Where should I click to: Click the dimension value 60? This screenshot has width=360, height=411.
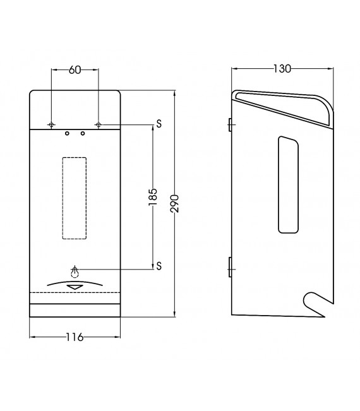pyautogui.click(x=75, y=71)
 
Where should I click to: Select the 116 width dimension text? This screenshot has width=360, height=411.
pyautogui.click(x=75, y=337)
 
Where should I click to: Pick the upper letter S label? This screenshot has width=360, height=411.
pyautogui.click(x=160, y=124)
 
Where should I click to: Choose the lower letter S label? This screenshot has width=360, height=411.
pyautogui.click(x=160, y=265)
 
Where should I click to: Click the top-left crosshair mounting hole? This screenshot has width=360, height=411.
pyautogui.click(x=51, y=124)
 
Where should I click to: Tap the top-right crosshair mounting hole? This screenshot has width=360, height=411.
pyautogui.click(x=99, y=124)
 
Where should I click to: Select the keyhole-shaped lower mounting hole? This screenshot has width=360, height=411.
pyautogui.click(x=75, y=271)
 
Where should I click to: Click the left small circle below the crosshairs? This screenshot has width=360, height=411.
pyautogui.click(x=67, y=133)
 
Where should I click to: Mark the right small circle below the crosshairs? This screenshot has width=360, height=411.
pyautogui.click(x=83, y=133)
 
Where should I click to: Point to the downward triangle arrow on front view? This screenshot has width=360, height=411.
pyautogui.click(x=75, y=287)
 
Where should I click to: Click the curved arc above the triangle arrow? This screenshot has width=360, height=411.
pyautogui.click(x=75, y=281)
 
